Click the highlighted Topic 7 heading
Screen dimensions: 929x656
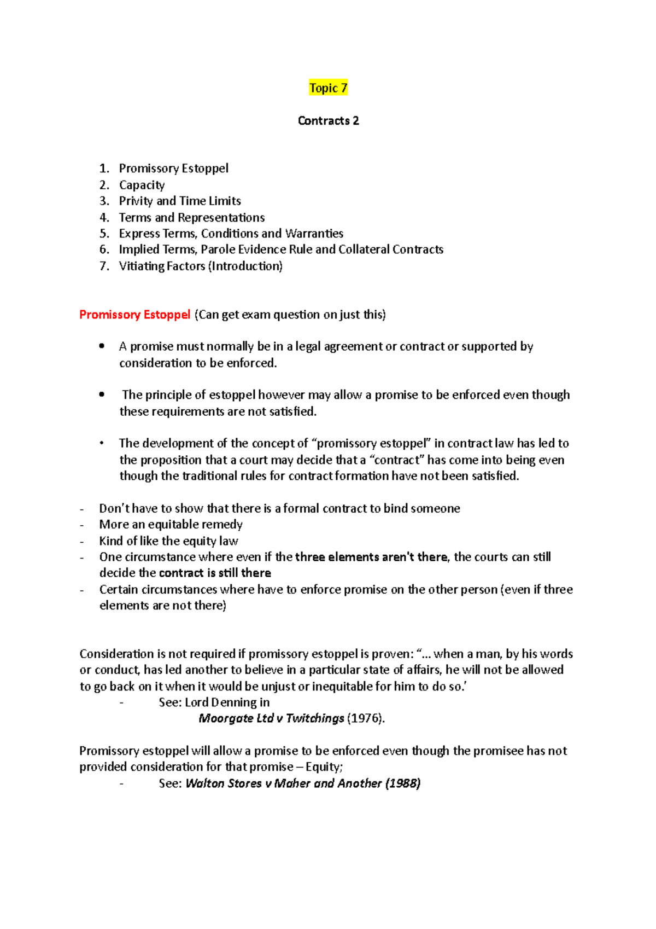click(328, 88)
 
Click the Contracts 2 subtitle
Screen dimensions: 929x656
click(328, 121)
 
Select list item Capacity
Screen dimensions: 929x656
click(142, 185)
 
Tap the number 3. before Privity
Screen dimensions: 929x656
click(104, 201)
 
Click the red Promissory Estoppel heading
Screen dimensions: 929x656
click(134, 315)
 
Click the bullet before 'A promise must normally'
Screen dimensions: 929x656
click(102, 346)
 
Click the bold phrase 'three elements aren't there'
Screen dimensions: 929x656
click(371, 557)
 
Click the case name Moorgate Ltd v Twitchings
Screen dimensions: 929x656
click(271, 718)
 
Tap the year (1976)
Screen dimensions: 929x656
click(365, 718)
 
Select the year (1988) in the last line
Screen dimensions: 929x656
click(403, 783)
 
